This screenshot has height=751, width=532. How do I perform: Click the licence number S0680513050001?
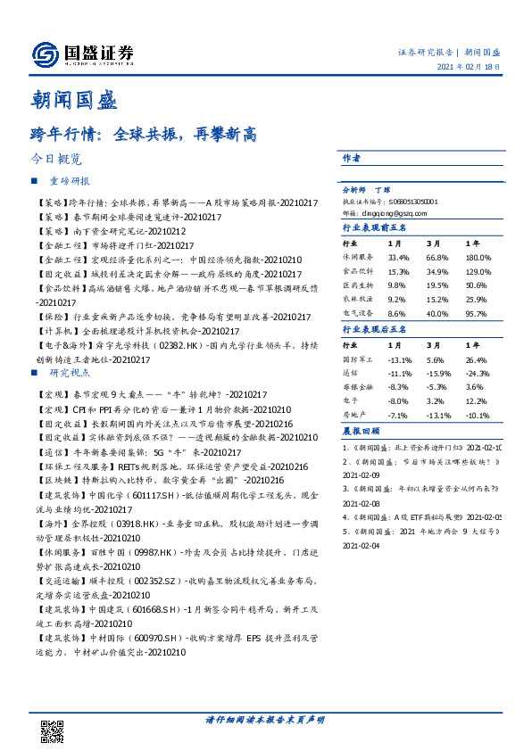(411, 202)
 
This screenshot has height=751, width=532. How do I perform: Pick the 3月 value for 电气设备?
(436, 315)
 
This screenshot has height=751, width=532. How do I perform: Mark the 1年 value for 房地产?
(478, 415)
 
